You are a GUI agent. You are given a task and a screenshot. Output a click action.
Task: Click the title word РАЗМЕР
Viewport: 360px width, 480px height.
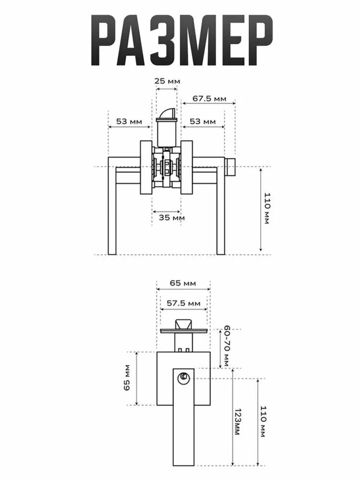182,40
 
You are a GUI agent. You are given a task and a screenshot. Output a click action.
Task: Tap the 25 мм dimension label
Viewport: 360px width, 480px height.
167,81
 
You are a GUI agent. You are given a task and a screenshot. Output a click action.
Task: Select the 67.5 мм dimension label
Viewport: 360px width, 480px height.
209,98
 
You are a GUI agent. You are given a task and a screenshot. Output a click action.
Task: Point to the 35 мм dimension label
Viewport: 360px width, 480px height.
172,218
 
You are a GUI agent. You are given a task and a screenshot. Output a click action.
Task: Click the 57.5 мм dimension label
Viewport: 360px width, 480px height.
184,303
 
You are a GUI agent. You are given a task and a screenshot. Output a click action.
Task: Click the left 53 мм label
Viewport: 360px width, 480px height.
129,121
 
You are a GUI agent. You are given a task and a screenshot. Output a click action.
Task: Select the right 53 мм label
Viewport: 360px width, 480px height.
203,121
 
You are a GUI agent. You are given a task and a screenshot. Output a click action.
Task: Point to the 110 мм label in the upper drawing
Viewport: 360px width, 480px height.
267,208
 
